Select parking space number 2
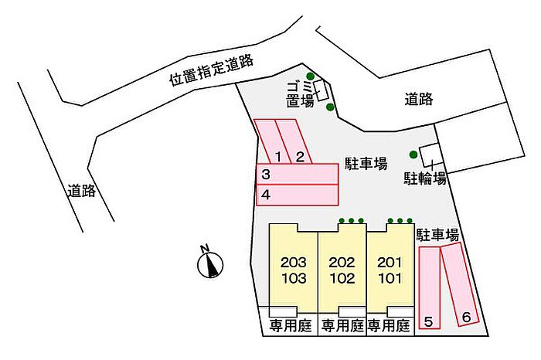coord(294,141)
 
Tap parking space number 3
coord(297,174)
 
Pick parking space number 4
coord(297,195)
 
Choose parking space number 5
coord(429,287)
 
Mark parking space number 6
coord(461,284)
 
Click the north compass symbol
coord(209,263)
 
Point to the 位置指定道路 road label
coord(211,70)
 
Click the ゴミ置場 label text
coord(300,94)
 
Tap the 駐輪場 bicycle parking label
coord(425,178)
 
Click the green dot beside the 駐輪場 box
coord(413,155)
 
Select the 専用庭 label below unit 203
coord(291,325)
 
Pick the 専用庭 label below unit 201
coord(389,325)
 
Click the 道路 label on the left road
coord(81,190)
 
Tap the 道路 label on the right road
coord(419,100)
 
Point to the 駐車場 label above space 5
coord(437,235)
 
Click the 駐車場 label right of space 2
coord(366,164)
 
